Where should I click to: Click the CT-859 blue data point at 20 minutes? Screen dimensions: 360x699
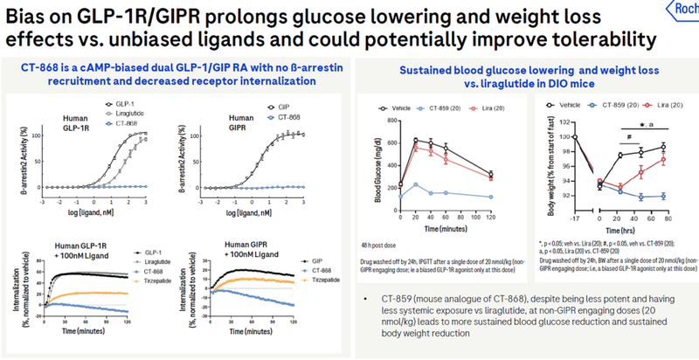tap(416, 185)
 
